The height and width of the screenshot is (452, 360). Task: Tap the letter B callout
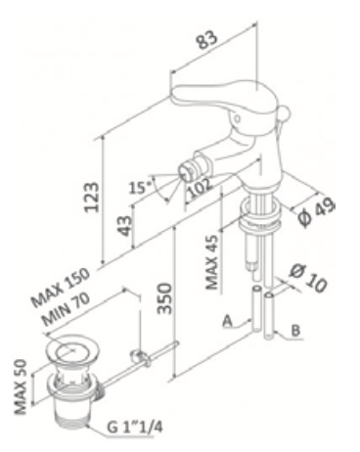tap(292, 333)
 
